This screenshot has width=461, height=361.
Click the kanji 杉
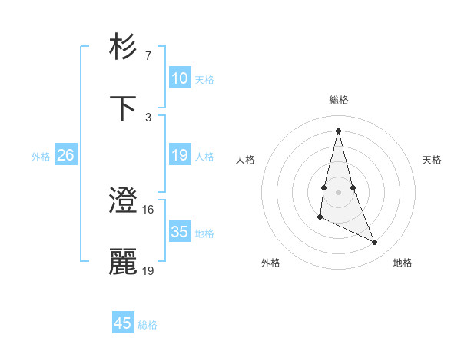tap(124, 47)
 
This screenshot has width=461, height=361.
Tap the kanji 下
tap(124, 108)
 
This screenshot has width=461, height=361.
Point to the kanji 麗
tap(124, 262)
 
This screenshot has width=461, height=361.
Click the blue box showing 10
tap(179, 78)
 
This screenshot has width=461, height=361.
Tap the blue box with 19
tap(179, 155)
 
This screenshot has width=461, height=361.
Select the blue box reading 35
tap(179, 232)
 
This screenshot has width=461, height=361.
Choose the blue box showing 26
tap(65, 155)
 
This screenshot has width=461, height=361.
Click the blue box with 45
tap(123, 323)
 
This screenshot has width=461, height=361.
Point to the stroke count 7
tap(148, 56)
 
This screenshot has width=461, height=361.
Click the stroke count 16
tap(148, 209)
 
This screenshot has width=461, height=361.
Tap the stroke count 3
tap(148, 117)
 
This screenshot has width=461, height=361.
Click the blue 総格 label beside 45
tap(148, 325)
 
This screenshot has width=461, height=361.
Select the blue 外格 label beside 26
tap(41, 157)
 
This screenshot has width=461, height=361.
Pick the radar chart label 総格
tap(338, 100)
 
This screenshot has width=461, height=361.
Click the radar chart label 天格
tap(433, 160)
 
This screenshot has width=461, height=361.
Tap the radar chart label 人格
tap(245, 160)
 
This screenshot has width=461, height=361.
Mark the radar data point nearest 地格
tap(375, 242)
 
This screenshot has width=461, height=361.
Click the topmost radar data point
tap(338, 130)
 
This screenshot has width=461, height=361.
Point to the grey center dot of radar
tap(338, 191)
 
